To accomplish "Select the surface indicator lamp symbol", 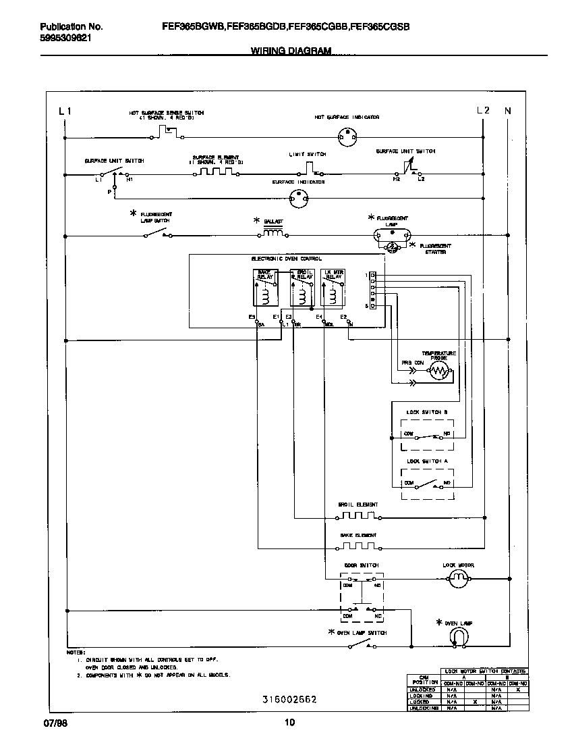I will (298, 198).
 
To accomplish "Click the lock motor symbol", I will (459, 578).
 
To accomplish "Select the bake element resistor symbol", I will (358, 546).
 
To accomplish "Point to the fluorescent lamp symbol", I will (392, 233).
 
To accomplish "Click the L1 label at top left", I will (65, 110).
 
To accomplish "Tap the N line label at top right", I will (508, 110).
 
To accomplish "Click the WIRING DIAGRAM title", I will (291, 51).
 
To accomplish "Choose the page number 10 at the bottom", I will (289, 723).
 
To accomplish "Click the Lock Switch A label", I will (427, 461).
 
